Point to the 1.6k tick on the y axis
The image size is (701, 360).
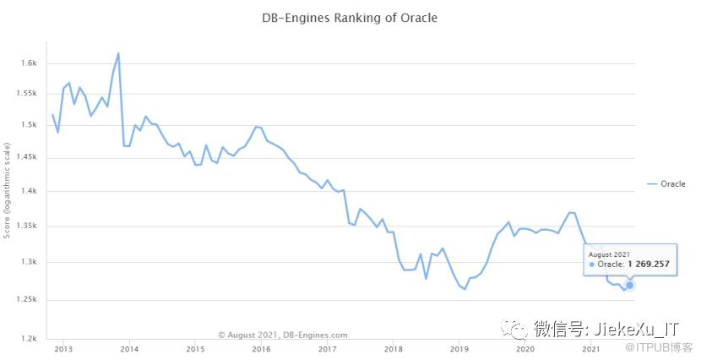click(30, 63)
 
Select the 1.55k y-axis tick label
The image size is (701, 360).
click(29, 94)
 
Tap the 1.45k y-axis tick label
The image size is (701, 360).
click(29, 157)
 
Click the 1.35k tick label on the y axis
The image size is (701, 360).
click(29, 226)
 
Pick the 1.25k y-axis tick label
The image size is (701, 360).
click(29, 300)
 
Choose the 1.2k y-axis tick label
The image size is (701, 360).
click(30, 339)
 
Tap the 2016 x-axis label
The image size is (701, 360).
click(260, 348)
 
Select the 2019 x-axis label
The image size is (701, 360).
click(458, 348)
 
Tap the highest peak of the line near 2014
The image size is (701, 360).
click(118, 53)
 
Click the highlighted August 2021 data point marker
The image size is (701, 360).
click(629, 285)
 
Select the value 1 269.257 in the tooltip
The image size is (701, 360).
click(649, 265)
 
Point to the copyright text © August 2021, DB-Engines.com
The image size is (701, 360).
click(282, 335)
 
